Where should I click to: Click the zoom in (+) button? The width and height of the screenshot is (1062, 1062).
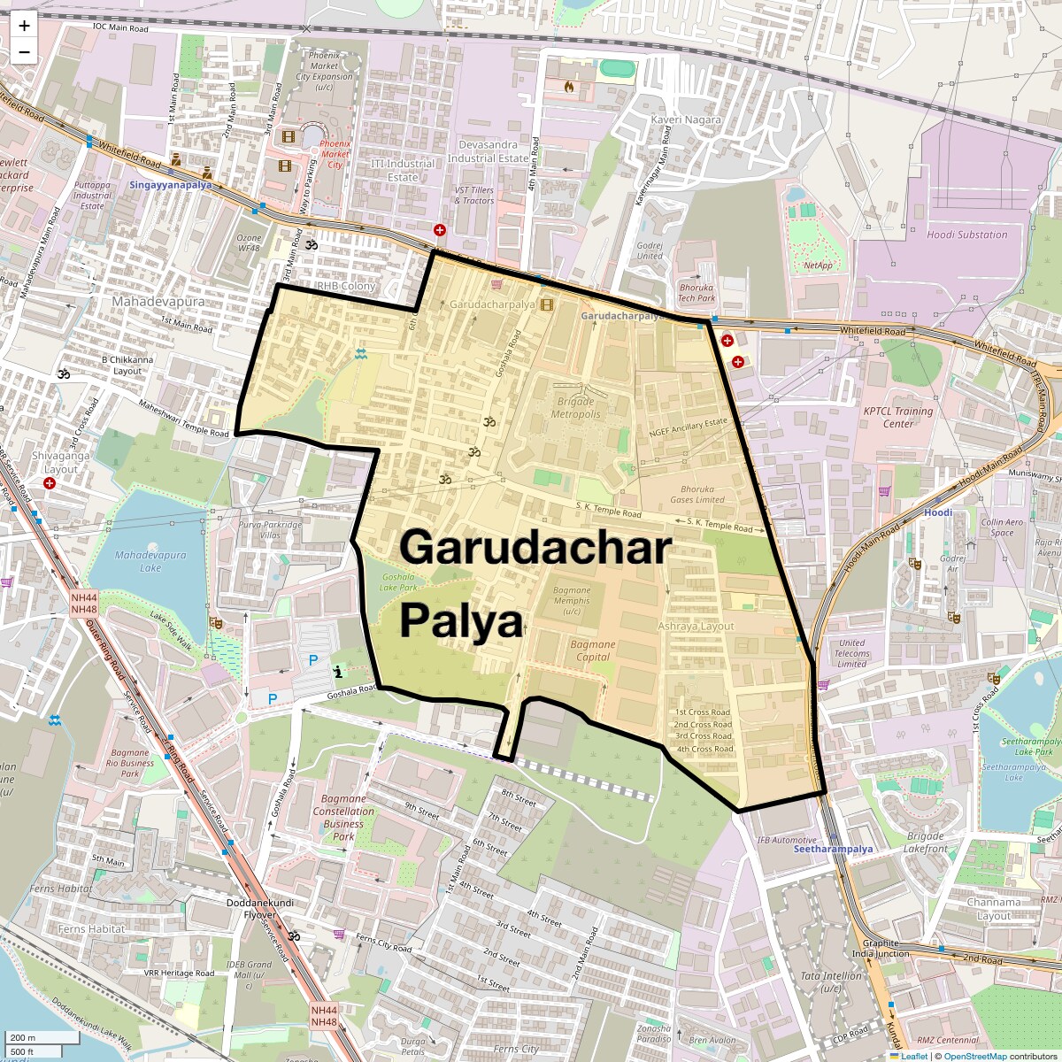24,26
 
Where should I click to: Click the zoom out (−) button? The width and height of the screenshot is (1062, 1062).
24,52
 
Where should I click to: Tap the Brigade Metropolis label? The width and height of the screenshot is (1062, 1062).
575,408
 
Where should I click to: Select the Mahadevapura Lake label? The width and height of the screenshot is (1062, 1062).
150,561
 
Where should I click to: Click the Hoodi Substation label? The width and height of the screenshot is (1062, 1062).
966,235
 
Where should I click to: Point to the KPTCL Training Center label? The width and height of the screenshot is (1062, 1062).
898,417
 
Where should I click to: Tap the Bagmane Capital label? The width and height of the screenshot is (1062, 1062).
592,650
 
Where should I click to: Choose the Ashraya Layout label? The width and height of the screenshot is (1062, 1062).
696,626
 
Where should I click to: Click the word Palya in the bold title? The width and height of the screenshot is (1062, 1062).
461,621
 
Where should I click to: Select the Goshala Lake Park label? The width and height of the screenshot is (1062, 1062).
398,582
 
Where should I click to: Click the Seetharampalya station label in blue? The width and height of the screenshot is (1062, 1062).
833,849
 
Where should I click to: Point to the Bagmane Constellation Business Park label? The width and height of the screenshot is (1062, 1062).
343,817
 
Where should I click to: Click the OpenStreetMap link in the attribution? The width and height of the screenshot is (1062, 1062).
974,1056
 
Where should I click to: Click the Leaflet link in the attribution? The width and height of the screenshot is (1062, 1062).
913,1056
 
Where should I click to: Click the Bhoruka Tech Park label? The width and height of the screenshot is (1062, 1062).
696,292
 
